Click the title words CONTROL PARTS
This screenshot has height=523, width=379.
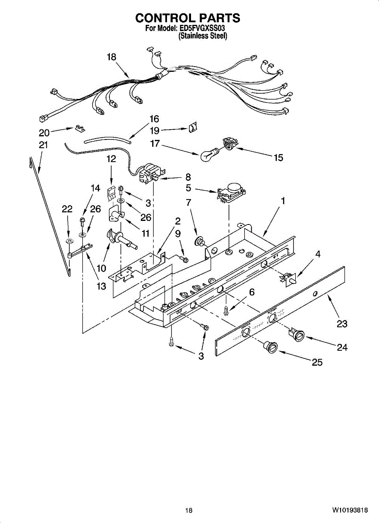pyautogui.click(x=188, y=18)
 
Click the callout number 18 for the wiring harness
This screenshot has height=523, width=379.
pyautogui.click(x=112, y=57)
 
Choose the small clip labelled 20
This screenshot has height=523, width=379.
pyautogui.click(x=79, y=128)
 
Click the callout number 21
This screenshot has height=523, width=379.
pyautogui.click(x=43, y=145)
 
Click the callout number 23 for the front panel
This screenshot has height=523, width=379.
pyautogui.click(x=342, y=324)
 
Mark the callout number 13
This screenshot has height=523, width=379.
pyautogui.click(x=101, y=286)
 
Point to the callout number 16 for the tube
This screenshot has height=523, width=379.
pyautogui.click(x=154, y=119)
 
